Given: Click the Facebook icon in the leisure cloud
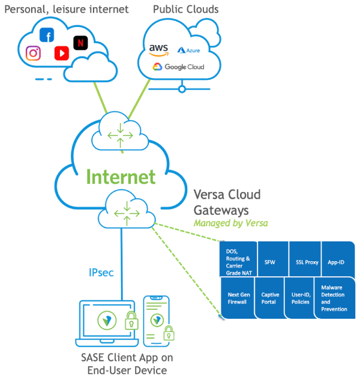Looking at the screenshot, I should pos(47,35).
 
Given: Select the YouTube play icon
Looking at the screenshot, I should pos(61,53).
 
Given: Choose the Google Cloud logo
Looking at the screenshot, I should pos(178,67).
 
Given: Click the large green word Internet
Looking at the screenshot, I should pos(121,176).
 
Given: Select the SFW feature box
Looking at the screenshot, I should pos(270,262).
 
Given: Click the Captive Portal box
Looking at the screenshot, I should pos(270,298).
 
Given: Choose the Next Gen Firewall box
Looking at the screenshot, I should pos(238,298).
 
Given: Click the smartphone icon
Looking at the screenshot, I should pos(157,318).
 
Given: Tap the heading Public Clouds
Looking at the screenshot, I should pos(185,9).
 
